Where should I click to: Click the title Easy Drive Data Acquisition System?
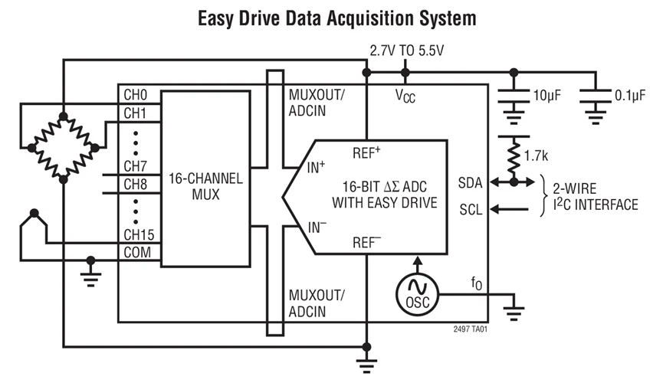[331, 16]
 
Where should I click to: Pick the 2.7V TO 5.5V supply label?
[406, 51]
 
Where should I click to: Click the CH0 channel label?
[135, 97]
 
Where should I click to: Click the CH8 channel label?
[135, 185]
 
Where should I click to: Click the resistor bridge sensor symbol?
[63, 144]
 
